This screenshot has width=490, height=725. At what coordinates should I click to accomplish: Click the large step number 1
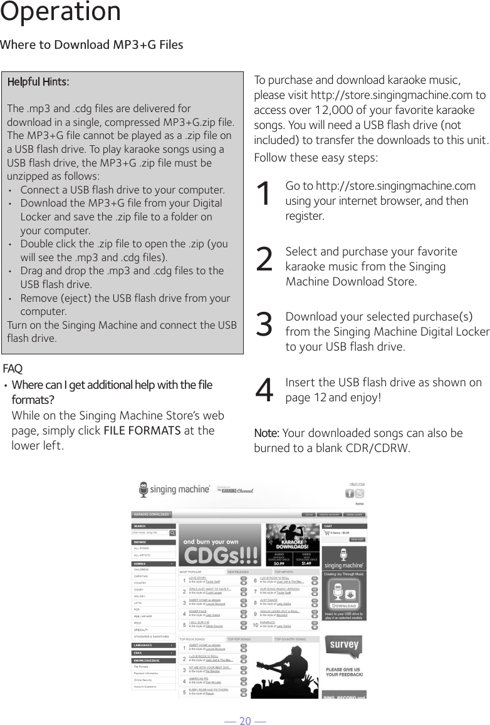point(265,195)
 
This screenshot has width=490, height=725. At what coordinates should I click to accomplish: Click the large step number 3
point(265,325)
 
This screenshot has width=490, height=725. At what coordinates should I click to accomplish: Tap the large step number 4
point(265,391)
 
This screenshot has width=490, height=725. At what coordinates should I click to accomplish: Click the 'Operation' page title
point(61,13)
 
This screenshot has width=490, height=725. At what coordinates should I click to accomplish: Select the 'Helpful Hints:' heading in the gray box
point(38,82)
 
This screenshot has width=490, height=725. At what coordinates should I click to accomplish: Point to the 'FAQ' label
point(13,368)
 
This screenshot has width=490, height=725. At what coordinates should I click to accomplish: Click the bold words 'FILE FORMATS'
point(141,430)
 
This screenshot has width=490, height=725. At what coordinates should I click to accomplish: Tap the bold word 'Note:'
point(267,433)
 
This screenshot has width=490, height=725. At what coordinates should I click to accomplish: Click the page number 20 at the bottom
point(245,717)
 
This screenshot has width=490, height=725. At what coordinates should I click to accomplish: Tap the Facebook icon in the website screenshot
point(350,494)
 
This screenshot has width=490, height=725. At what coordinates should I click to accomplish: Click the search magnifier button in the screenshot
point(172,533)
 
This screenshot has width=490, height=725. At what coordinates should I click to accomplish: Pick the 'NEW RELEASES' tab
point(238,572)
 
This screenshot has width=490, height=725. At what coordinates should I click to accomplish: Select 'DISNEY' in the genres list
point(138,589)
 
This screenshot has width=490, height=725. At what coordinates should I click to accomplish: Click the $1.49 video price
point(306,563)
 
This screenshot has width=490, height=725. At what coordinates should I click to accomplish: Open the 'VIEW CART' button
point(357,539)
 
